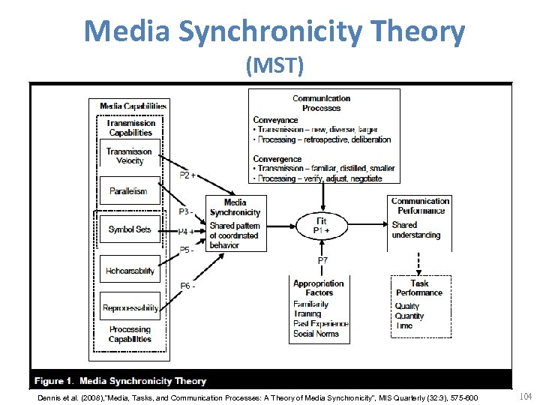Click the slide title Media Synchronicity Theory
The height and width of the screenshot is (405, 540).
pyautogui.click(x=274, y=32)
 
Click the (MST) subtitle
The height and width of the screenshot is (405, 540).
pyautogui.click(x=274, y=67)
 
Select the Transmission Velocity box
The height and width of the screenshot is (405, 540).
pyautogui.click(x=129, y=156)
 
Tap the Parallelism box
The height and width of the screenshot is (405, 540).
pyautogui.click(x=129, y=191)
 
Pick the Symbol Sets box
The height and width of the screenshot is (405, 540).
pyautogui.click(x=129, y=229)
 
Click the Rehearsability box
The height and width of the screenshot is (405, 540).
pyautogui.click(x=130, y=270)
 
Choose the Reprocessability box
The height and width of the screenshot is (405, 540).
pyautogui.click(x=130, y=307)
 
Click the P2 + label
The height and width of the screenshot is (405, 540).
pyautogui.click(x=187, y=175)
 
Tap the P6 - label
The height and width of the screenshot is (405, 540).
pyautogui.click(x=187, y=286)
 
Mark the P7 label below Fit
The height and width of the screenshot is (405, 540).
pyautogui.click(x=322, y=260)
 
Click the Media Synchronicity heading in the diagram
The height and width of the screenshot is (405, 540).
pyautogui.click(x=235, y=207)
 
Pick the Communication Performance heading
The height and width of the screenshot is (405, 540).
pyautogui.click(x=420, y=205)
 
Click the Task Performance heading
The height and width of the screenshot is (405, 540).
pyautogui.click(x=419, y=288)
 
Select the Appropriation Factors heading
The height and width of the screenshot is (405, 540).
pyautogui.click(x=319, y=288)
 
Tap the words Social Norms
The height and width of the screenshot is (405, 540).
pyautogui.click(x=316, y=334)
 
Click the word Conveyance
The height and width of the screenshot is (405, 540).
pyautogui.click(x=275, y=120)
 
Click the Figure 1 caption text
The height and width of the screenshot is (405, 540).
pyautogui.click(x=120, y=381)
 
